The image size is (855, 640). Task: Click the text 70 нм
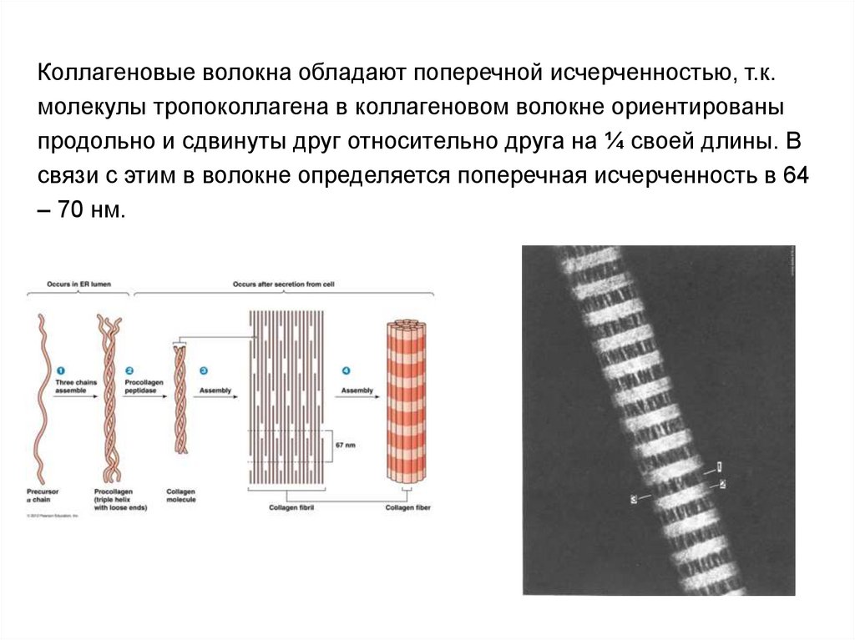click(x=91, y=209)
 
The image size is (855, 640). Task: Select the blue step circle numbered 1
click(x=60, y=370)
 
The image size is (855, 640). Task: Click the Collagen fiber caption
click(x=405, y=506)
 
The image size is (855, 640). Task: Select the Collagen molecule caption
click(x=180, y=495)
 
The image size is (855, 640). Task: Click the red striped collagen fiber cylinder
click(x=405, y=401)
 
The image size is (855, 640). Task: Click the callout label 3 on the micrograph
click(x=636, y=498)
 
